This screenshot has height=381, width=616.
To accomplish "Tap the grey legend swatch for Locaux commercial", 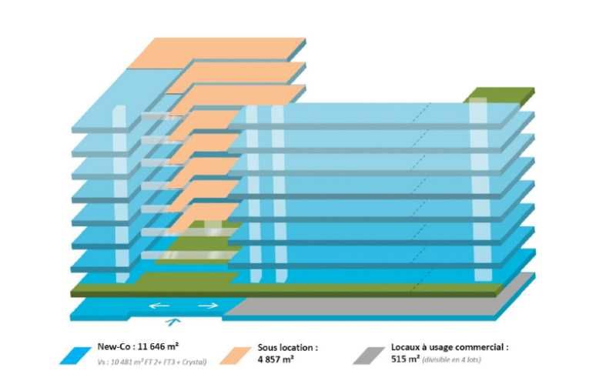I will pyautogui.click(x=369, y=354).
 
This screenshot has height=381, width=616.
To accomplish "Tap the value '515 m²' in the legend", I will pyautogui.click(x=405, y=359).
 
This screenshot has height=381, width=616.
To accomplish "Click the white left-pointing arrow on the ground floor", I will pyautogui.click(x=159, y=306).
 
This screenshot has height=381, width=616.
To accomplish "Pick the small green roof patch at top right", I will pyautogui.click(x=500, y=95).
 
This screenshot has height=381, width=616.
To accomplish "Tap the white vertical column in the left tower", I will pyautogui.click(x=119, y=192).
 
